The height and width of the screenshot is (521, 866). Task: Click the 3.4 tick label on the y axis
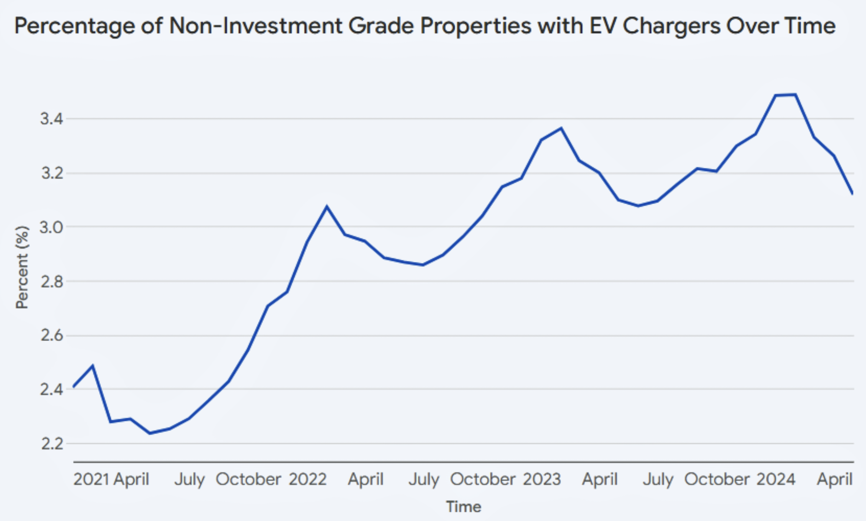tap(52, 119)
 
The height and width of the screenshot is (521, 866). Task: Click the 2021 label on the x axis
tap(91, 479)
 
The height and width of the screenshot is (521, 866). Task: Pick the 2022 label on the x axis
tap(308, 479)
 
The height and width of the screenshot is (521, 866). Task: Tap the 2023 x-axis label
tap(542, 479)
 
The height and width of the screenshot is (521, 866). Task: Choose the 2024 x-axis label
tap(776, 479)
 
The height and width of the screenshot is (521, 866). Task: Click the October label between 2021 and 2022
tap(248, 479)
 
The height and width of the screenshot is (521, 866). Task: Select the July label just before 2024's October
tap(658, 479)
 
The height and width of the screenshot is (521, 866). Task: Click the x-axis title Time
tap(464, 507)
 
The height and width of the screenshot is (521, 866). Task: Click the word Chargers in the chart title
tap(672, 26)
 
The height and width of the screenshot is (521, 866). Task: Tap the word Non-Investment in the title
tap(255, 26)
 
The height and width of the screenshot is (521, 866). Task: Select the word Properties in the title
tap(476, 26)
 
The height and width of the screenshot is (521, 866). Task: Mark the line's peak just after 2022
tap(327, 207)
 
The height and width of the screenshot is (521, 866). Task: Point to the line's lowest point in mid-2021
tap(150, 433)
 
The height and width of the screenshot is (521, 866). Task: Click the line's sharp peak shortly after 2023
tap(561, 128)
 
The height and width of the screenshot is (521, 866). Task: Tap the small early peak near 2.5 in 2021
tap(93, 366)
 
